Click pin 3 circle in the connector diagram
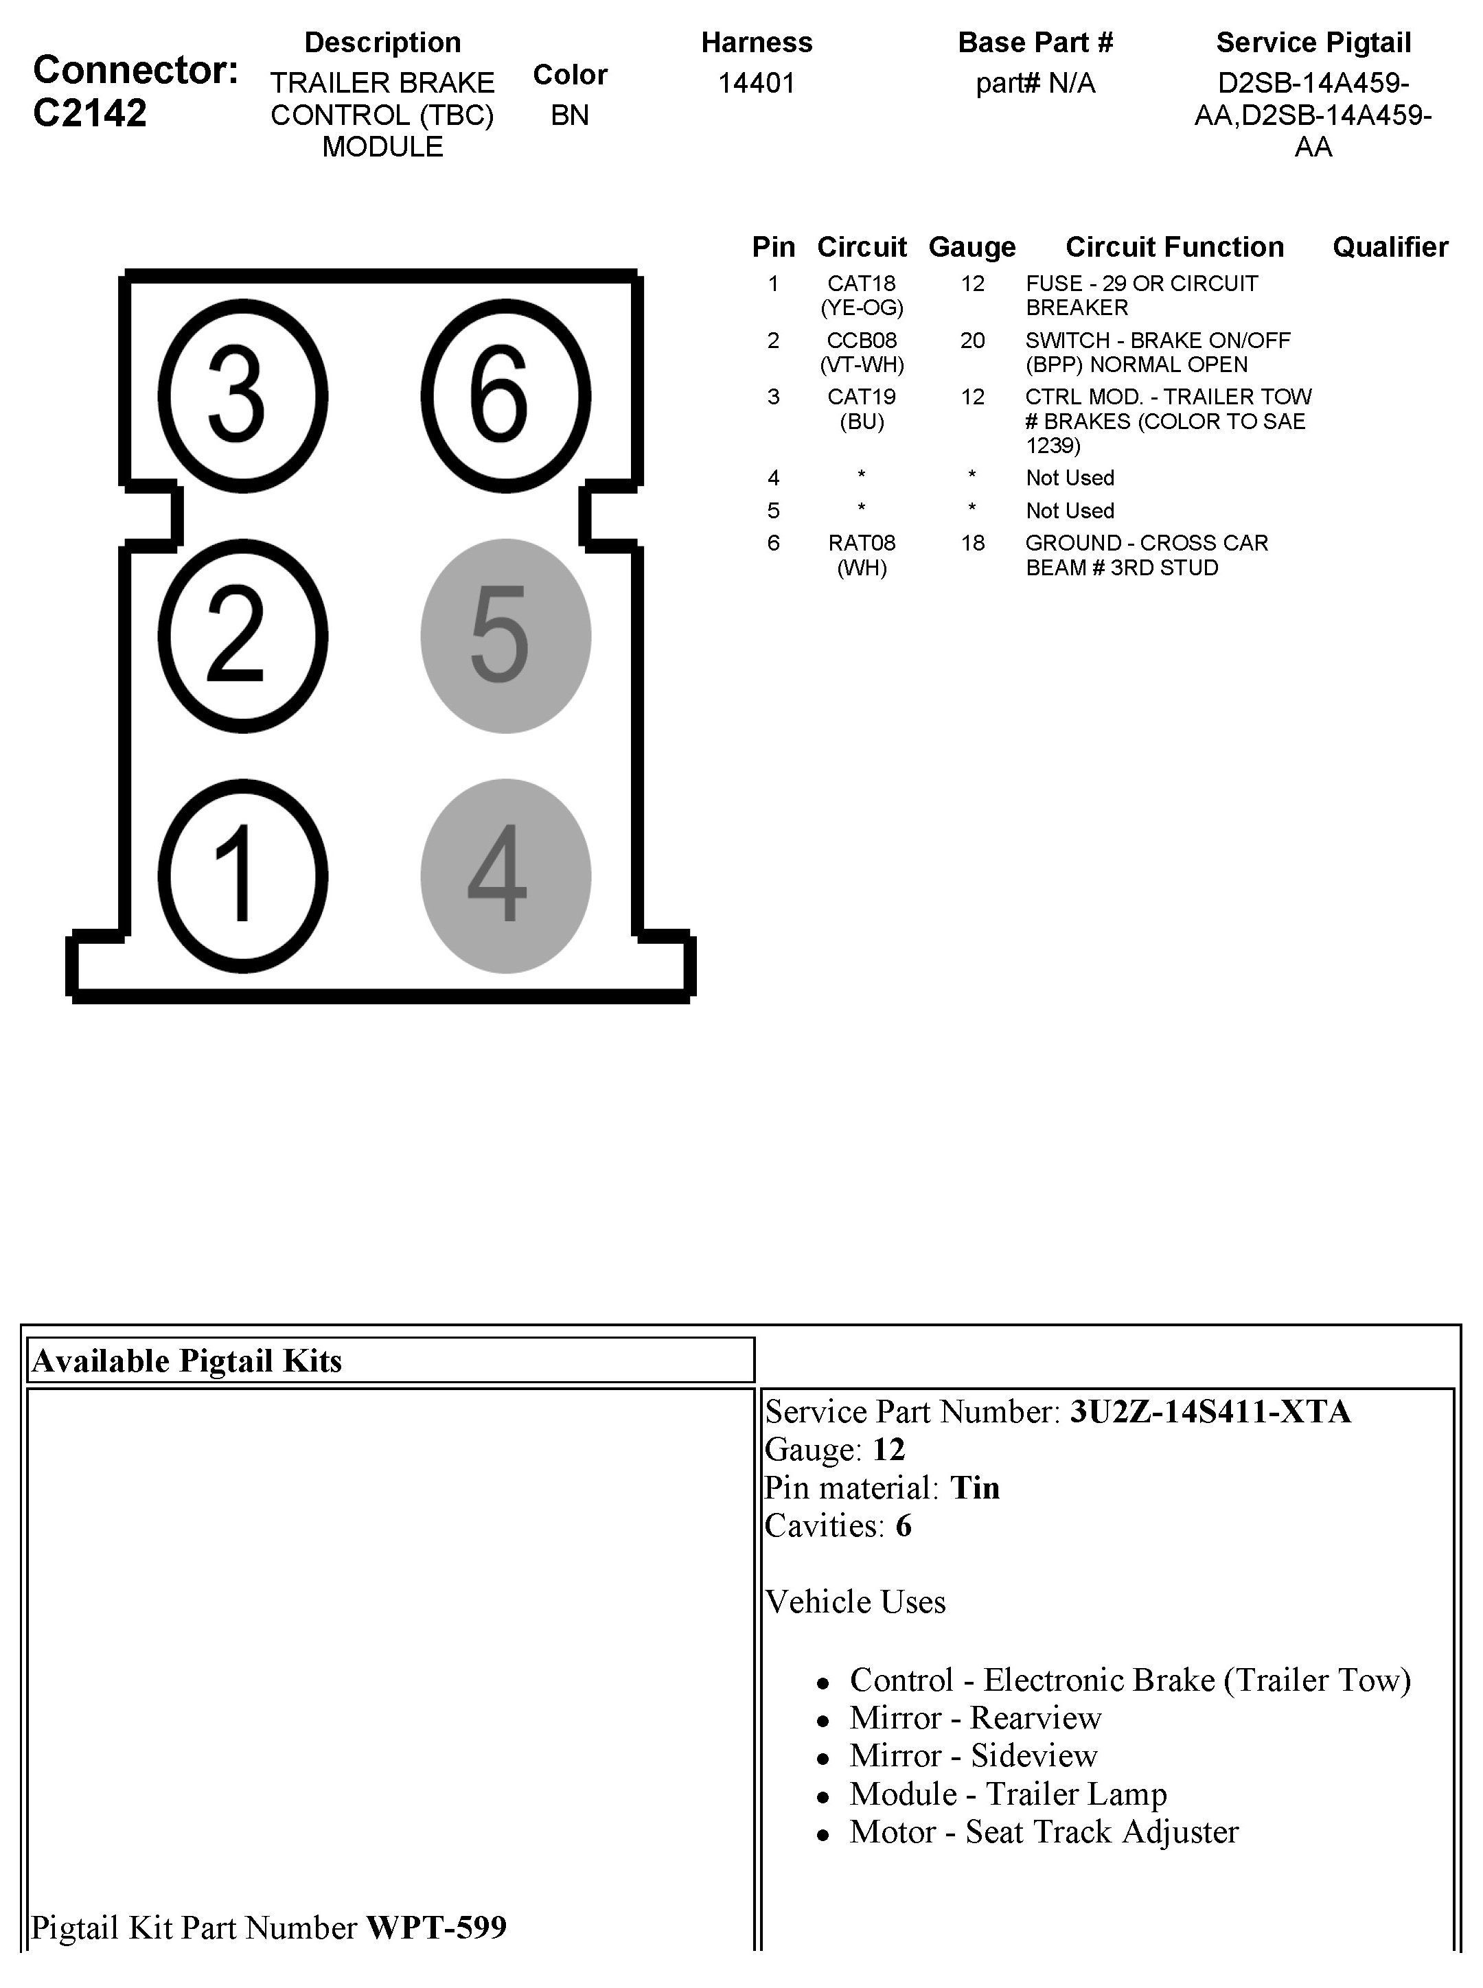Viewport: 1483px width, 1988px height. coord(242,396)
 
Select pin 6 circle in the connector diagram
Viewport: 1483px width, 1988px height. coord(505,396)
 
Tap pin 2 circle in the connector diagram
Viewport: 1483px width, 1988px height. coord(242,636)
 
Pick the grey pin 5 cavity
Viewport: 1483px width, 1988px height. coord(505,636)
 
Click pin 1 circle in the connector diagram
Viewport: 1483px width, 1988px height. coord(242,876)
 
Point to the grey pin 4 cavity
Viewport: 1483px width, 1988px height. coord(505,876)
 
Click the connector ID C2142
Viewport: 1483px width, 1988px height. coord(90,113)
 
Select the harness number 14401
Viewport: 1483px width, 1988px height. coord(756,84)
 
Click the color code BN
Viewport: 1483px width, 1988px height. coord(569,115)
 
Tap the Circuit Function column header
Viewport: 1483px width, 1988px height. coord(1174,247)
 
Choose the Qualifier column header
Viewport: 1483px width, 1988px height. coord(1390,247)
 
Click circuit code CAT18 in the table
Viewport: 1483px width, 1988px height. coord(861,284)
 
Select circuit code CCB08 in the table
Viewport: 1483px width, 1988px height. coord(861,340)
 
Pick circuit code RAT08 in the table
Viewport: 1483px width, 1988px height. coord(861,543)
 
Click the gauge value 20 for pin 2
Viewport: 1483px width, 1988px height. coord(972,340)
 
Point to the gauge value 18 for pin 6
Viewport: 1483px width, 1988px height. coord(972,543)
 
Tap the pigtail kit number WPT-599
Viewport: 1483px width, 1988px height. coord(436,1927)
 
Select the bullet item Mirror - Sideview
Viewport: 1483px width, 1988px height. coord(973,1755)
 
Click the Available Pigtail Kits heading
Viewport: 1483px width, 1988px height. coord(187,1361)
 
